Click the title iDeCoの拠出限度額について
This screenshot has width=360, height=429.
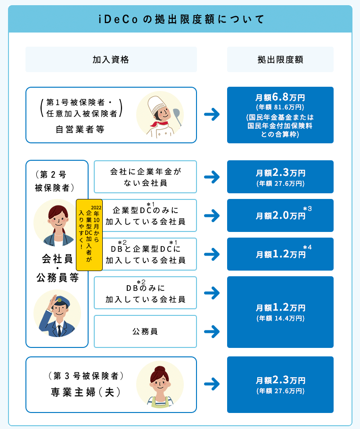click(x=181, y=19)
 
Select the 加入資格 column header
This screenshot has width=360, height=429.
click(x=111, y=59)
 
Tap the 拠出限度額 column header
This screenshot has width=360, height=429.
click(x=280, y=59)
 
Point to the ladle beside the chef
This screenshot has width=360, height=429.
click(x=177, y=116)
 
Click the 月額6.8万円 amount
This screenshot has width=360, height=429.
click(x=280, y=97)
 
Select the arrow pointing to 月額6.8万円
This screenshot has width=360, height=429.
click(x=212, y=115)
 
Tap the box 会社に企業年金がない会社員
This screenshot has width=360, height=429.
click(x=145, y=177)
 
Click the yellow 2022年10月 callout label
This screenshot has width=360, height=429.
click(x=89, y=235)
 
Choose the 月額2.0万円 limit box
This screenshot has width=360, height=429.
click(x=280, y=215)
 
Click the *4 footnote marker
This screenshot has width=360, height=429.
click(x=308, y=247)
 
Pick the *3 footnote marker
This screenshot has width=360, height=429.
click(x=308, y=209)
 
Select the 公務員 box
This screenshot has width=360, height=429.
click(x=145, y=331)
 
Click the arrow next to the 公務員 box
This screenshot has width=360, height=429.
click(x=212, y=331)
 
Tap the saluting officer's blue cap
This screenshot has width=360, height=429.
click(x=61, y=300)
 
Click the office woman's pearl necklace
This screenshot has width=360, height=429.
click(x=58, y=235)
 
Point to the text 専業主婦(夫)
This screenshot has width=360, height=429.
click(x=86, y=392)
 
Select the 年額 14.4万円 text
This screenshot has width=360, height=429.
click(x=280, y=318)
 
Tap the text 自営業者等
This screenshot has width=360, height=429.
click(x=80, y=129)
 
